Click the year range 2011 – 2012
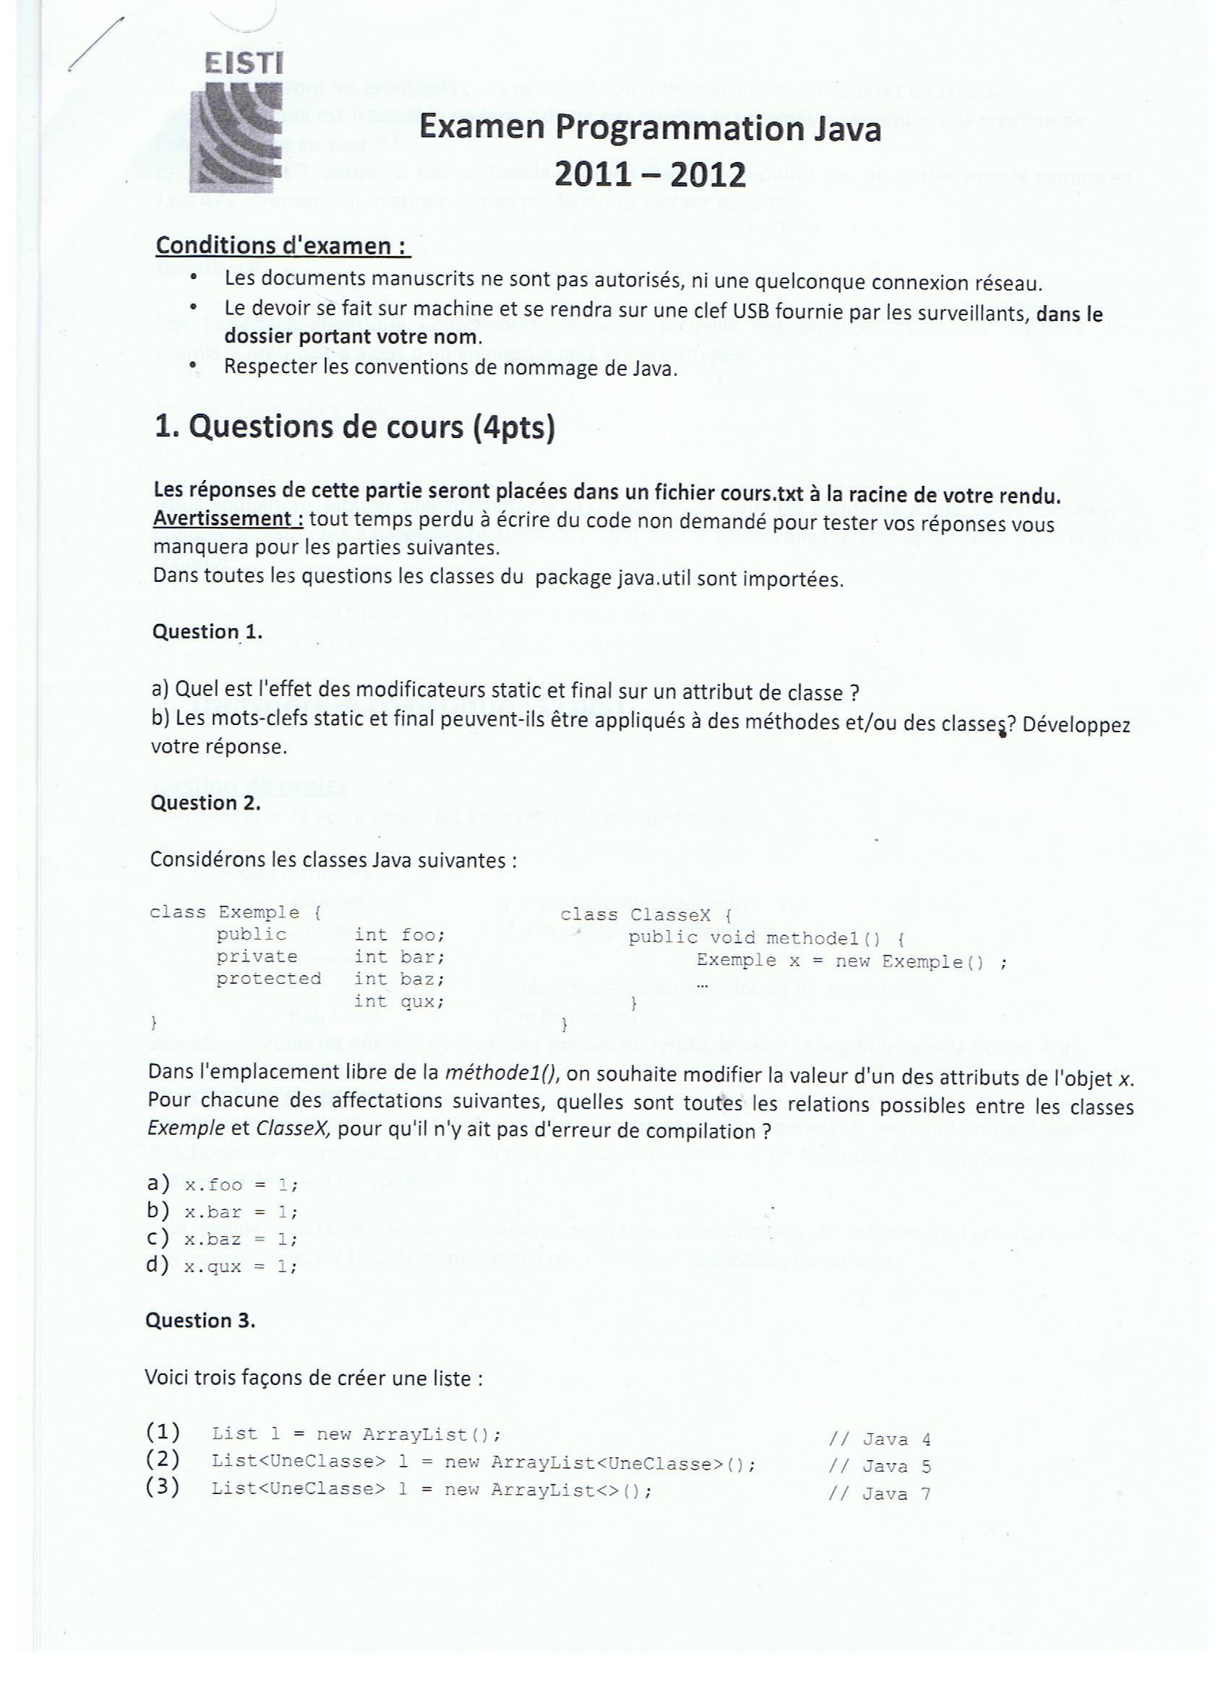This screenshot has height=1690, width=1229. [x=650, y=174]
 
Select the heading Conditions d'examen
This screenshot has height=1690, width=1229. [x=283, y=245]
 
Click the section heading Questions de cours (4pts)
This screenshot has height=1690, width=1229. [x=354, y=427]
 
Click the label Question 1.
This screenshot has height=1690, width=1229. [x=207, y=632]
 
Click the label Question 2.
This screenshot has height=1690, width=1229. [x=206, y=803]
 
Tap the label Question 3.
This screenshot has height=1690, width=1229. [x=200, y=1321]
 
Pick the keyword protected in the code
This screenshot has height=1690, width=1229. [x=268, y=979]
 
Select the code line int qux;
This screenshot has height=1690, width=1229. [x=399, y=1001]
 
